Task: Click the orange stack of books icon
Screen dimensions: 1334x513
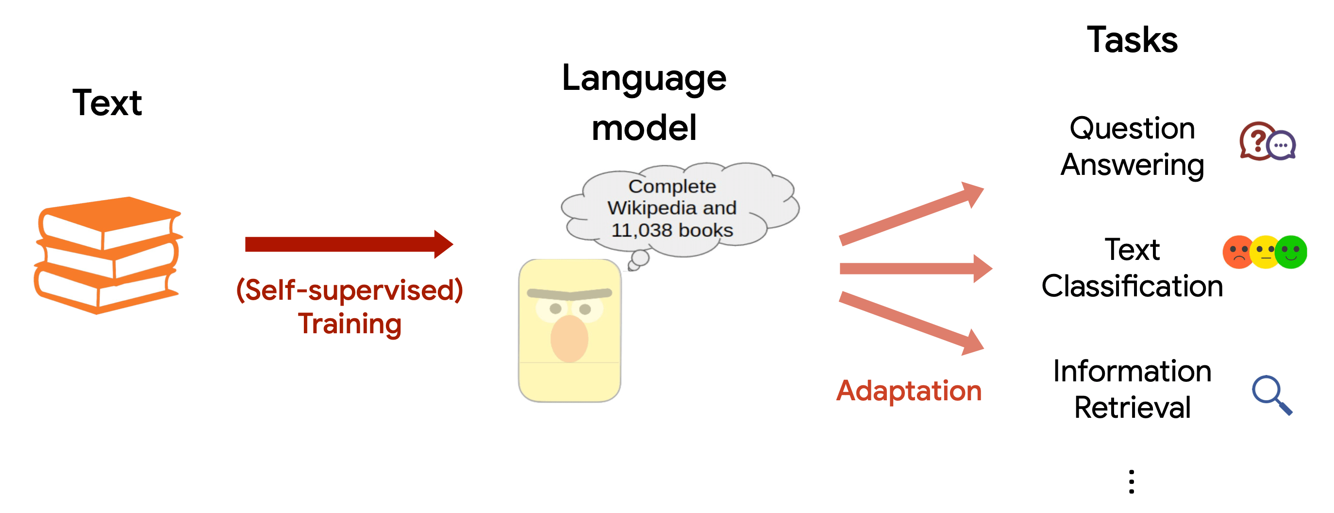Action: tap(108, 255)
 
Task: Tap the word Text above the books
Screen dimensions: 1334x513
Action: tap(107, 103)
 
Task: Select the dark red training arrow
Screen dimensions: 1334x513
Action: tap(349, 244)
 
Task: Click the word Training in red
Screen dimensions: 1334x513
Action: tap(350, 324)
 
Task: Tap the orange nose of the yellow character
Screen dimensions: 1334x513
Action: tap(569, 339)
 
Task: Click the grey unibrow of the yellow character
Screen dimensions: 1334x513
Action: tap(569, 294)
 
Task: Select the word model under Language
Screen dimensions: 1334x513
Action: tap(644, 128)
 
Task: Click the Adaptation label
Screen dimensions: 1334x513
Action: tap(909, 391)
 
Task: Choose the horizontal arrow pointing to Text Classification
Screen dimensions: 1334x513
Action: tap(916, 269)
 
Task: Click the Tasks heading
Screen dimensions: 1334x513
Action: tap(1132, 40)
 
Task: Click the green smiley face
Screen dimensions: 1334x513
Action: tap(1291, 252)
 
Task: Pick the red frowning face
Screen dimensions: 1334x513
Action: tap(1239, 252)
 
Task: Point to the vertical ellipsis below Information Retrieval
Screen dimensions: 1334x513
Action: tap(1132, 481)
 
